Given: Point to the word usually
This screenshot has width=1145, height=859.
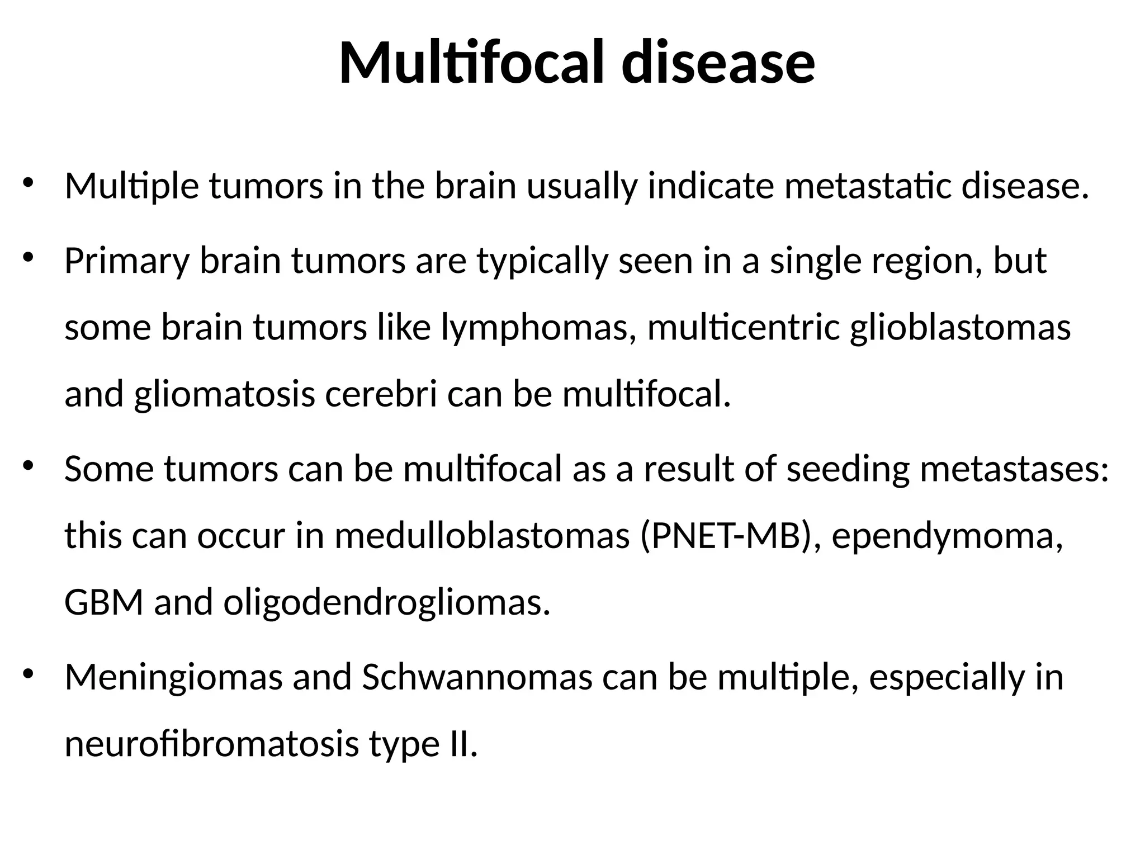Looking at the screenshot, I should click(582, 187).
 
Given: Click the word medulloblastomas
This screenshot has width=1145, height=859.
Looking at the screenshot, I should click(482, 536).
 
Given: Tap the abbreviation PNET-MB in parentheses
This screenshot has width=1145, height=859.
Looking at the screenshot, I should click(727, 536).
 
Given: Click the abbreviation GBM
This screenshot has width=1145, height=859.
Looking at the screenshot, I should click(104, 603).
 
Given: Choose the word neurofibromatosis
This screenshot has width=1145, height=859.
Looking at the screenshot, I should click(211, 744).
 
